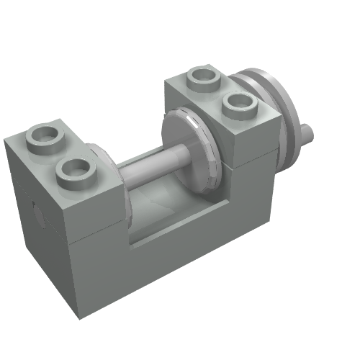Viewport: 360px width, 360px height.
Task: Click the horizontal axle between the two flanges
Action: tap(151, 164)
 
